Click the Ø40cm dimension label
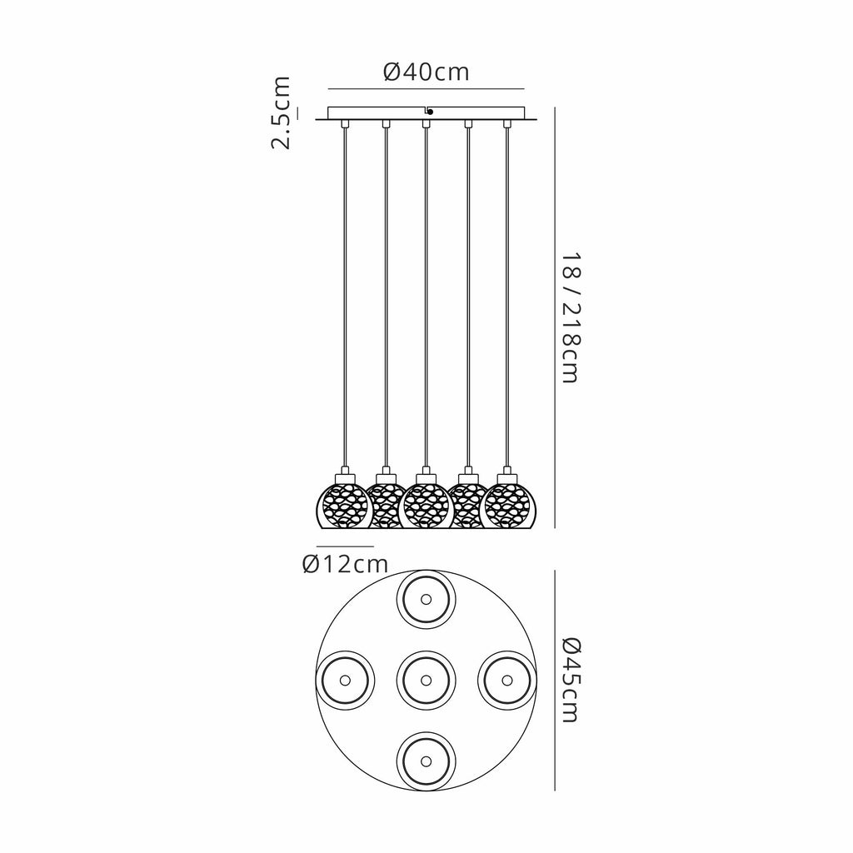pos(426,72)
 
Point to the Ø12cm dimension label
pos(346,564)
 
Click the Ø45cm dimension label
pos(570,680)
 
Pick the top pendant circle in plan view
pos(426,599)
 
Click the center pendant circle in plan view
pos(426,680)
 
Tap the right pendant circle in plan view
pos(506,680)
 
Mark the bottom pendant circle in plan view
pos(426,761)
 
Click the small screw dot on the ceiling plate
pos(429,112)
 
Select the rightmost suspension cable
pos(507,292)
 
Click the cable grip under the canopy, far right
pos(507,125)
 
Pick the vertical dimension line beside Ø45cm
pos(555,680)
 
